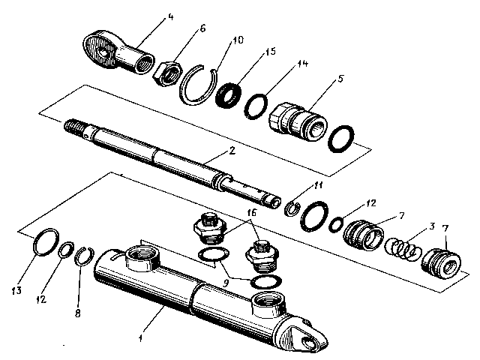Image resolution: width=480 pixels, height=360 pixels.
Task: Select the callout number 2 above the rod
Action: point(233,151)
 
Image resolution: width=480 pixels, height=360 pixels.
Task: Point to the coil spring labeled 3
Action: point(400,247)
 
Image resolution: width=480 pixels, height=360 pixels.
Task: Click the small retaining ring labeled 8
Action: point(85,257)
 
